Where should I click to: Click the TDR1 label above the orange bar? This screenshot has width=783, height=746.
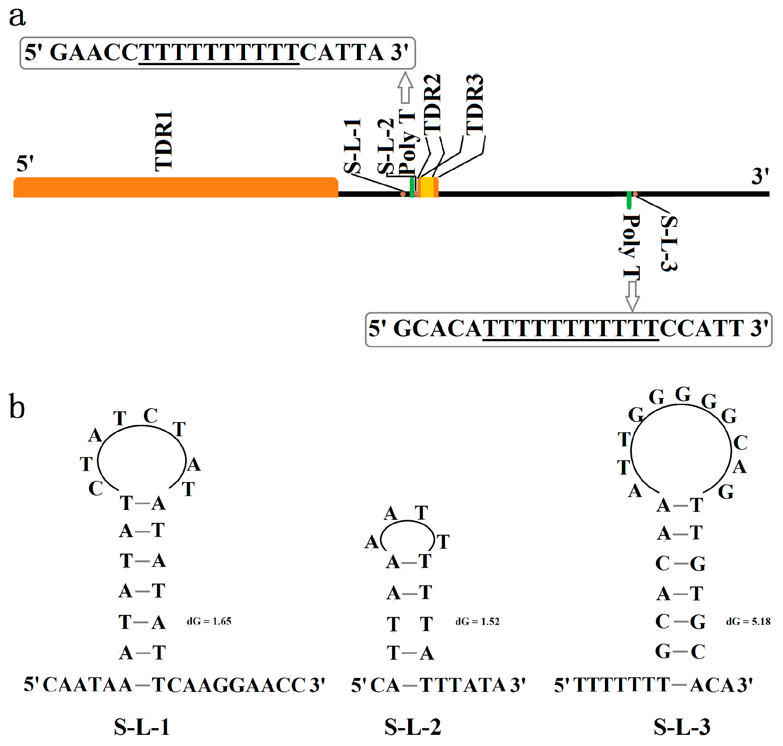[163, 141]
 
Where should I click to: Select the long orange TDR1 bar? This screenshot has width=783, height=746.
[175, 187]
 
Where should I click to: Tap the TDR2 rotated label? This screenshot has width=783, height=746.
[432, 103]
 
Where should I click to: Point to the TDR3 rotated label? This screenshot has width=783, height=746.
[475, 105]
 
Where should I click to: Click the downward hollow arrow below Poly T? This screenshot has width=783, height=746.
[632, 296]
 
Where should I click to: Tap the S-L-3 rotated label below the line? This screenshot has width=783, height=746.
[669, 243]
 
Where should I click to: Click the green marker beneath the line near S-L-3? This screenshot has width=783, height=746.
[629, 200]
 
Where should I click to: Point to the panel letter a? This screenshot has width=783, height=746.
[17, 17]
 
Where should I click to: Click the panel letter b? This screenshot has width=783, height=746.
[17, 407]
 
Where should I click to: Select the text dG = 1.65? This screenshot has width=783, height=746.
[209, 622]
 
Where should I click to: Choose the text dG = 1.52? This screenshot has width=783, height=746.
[477, 622]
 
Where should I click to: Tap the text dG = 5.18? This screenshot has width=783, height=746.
[748, 622]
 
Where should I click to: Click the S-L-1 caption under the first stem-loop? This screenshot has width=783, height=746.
[142, 727]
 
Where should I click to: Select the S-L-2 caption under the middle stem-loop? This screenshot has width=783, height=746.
[413, 727]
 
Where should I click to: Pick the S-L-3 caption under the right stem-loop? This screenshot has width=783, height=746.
[682, 727]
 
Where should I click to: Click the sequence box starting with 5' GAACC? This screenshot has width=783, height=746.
[217, 53]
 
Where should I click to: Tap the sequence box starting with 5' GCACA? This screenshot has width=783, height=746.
[568, 329]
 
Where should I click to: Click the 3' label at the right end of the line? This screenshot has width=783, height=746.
[760, 176]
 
